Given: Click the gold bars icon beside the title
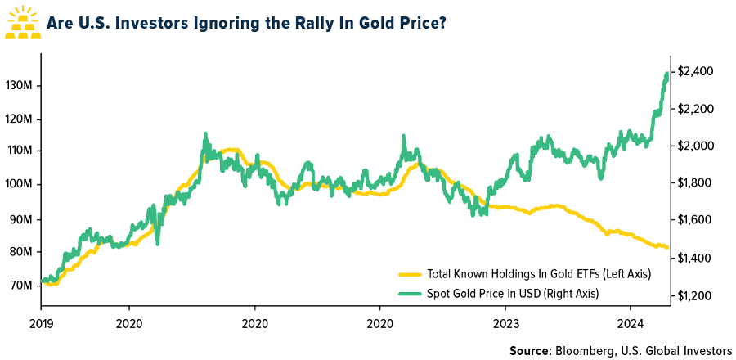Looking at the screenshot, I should (x=24, y=23).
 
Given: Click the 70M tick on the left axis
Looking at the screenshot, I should (x=22, y=285).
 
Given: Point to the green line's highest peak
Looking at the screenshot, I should (x=666, y=74).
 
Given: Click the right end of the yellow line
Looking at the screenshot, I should (x=668, y=247).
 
